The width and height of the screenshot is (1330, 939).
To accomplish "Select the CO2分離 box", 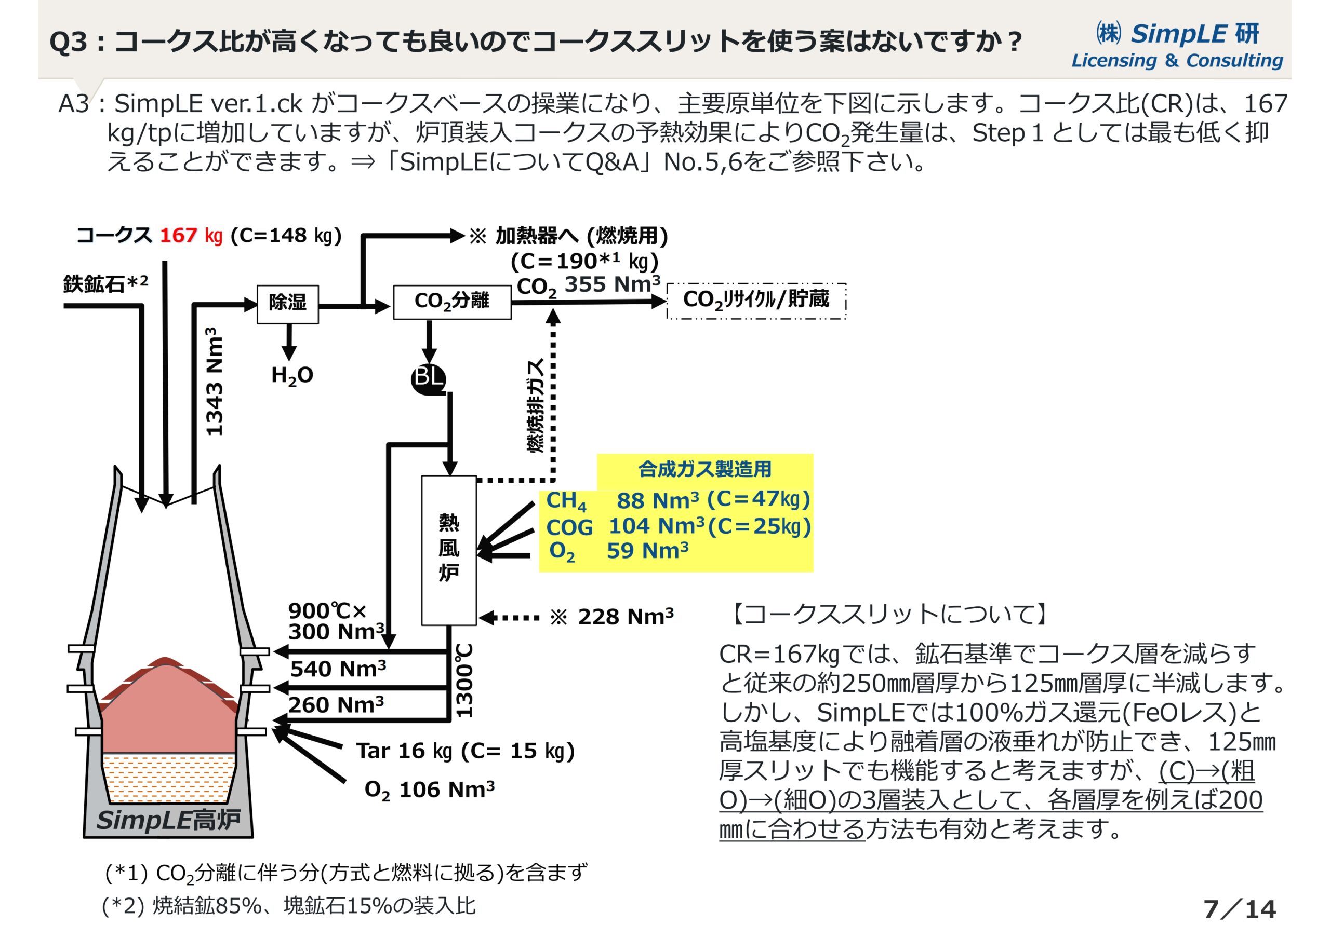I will (452, 302).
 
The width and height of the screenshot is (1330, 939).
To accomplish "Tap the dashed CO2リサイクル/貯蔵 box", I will (756, 301).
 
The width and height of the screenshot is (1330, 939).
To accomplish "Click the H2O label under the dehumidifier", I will (292, 376).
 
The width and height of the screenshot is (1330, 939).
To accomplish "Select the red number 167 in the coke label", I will (178, 236).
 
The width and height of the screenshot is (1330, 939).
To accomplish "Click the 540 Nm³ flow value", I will (338, 669).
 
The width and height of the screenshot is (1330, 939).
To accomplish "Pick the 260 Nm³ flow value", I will (336, 705).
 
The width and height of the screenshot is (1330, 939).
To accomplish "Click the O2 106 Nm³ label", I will (429, 790).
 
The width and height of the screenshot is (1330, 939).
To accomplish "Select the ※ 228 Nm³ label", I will (611, 617).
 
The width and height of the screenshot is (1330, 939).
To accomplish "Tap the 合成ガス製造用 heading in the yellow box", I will (704, 469).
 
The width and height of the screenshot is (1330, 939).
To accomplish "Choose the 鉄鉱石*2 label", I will (105, 283).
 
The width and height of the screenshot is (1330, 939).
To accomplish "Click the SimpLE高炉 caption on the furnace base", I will (168, 820).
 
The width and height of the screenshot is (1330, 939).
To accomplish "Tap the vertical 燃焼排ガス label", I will (535, 405).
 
